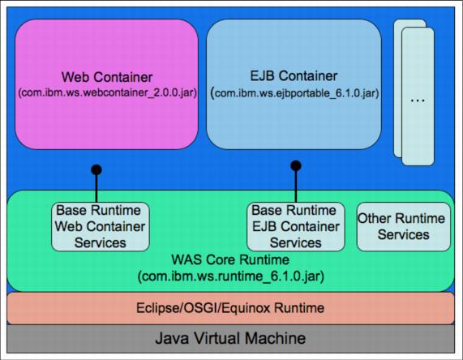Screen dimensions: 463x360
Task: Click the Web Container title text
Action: coord(107,77)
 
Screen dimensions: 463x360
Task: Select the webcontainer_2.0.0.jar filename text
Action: coord(108,92)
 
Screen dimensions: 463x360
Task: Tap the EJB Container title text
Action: coord(294,76)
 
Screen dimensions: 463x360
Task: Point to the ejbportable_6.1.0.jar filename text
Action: coord(294,93)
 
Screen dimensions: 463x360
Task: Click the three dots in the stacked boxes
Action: coord(418,101)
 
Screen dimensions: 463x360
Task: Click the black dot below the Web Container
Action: coord(96,169)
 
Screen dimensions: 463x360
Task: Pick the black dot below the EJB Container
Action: coord(296,165)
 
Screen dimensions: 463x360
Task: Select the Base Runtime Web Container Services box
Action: coord(101,226)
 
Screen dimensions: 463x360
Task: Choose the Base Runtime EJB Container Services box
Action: coord(296,226)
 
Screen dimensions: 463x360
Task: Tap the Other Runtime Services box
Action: coord(404,226)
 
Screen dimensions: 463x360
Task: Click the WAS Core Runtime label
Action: coord(230,259)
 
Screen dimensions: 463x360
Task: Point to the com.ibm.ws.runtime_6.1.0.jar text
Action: coord(231,276)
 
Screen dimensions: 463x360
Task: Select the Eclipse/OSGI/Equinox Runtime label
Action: coord(230,308)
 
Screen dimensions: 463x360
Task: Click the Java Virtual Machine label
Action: coord(230,338)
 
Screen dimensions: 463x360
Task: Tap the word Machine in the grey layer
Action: coord(276,338)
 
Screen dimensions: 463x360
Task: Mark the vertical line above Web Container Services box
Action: coord(96,186)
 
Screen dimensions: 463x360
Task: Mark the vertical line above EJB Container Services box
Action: coord(296,184)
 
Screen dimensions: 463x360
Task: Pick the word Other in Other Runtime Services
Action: coord(372,219)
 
